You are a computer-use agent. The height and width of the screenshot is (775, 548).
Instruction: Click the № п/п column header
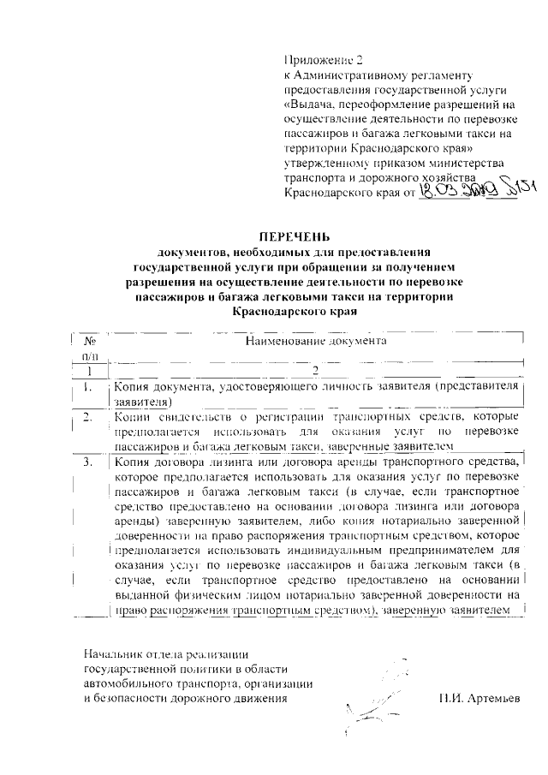pyautogui.click(x=88, y=348)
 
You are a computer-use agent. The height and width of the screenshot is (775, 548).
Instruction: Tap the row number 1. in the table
pyautogui.click(x=87, y=388)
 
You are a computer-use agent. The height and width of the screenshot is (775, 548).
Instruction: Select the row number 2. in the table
pyautogui.click(x=87, y=418)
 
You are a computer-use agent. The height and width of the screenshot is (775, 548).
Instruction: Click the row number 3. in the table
pyautogui.click(x=87, y=462)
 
